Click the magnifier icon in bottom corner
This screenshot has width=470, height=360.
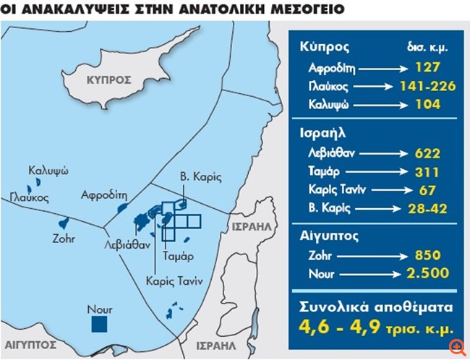(x=457, y=348)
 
